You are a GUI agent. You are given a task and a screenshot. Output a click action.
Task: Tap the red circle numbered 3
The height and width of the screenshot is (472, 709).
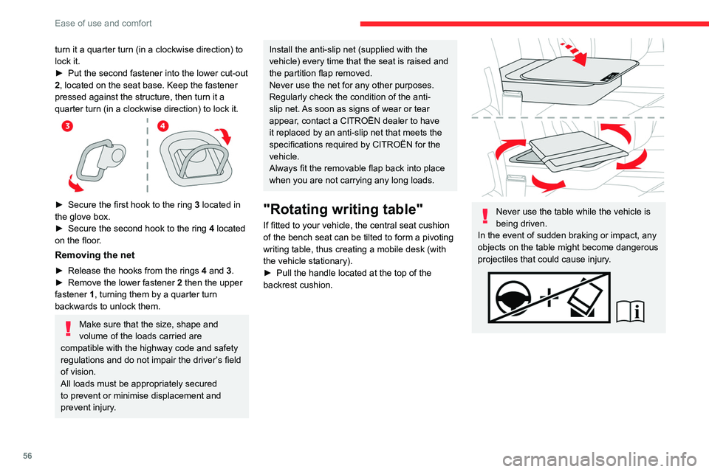pyautogui.click(x=67, y=126)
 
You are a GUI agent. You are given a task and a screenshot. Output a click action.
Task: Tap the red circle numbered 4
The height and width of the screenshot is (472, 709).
pyautogui.click(x=162, y=126)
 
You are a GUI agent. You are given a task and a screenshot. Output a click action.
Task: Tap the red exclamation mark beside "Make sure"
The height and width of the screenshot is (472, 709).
pyautogui.click(x=66, y=327)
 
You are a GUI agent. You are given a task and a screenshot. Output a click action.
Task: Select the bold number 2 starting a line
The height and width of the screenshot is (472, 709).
pyautogui.click(x=58, y=85)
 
